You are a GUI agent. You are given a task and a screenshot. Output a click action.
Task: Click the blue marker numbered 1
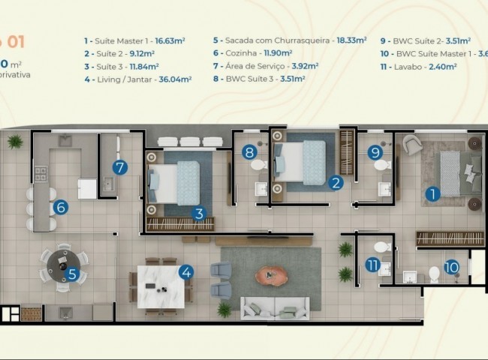pos(432,194)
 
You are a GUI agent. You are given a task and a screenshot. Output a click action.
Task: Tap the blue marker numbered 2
pos(337,181)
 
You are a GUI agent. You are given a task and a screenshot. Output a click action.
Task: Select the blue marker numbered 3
pos(199,213)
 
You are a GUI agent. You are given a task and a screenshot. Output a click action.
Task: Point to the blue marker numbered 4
pos(186,273)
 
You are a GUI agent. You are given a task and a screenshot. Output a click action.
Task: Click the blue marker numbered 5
pos(73,274)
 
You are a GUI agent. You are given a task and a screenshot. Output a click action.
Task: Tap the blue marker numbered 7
pos(120,167)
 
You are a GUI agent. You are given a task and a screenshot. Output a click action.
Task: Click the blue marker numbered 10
pos(450,265)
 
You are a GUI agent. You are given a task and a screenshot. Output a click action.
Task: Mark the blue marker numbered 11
pos(373,264)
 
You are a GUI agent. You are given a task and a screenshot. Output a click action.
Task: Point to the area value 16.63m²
pos(176,40)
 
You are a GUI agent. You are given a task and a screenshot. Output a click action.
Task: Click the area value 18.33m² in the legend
pos(351,40)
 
